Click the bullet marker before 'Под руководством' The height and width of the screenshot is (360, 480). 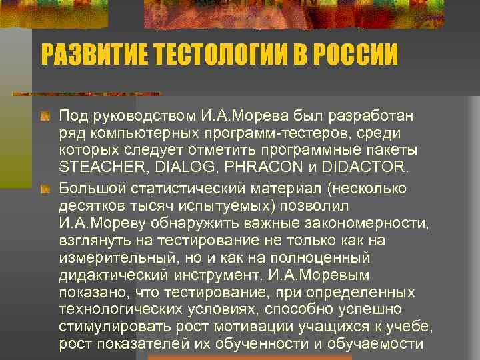point(46,117)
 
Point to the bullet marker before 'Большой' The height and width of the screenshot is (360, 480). point(46,189)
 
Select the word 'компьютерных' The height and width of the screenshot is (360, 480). point(135,133)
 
